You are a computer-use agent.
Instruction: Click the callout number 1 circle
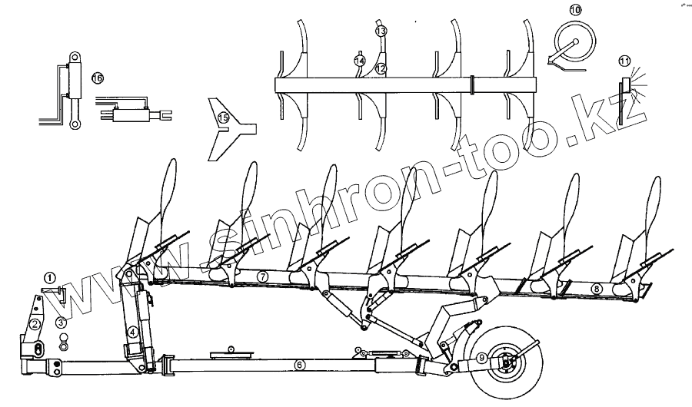tap(50, 278)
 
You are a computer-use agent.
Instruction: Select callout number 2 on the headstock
tap(35, 324)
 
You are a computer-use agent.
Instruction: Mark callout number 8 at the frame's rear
tap(597, 289)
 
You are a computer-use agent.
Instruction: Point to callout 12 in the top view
tap(379, 68)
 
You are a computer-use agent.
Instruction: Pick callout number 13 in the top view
tap(381, 31)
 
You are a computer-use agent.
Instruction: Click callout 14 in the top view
tap(358, 60)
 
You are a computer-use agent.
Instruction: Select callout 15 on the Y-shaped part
tap(223, 117)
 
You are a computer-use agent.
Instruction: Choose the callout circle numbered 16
tap(97, 78)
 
